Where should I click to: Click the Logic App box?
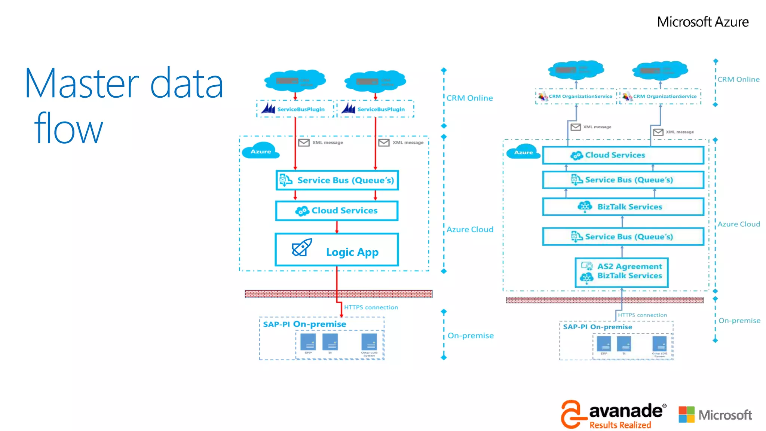[x=337, y=250]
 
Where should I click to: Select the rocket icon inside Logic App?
[x=302, y=248]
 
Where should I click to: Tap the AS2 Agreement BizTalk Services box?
[x=622, y=272]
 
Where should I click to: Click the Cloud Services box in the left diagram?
[x=337, y=211]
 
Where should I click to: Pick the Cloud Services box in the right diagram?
[x=623, y=155]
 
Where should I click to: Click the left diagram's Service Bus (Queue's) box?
[x=337, y=180]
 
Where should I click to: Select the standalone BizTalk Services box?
[x=623, y=207]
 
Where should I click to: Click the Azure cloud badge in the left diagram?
[x=261, y=151]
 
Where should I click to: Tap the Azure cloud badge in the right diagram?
[x=523, y=152]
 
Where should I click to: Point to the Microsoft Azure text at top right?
[x=702, y=22]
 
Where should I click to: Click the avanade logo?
[x=613, y=414]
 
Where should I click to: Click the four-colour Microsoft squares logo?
[x=686, y=415]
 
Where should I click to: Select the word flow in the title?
[x=68, y=128]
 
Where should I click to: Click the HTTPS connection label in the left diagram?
[x=371, y=307]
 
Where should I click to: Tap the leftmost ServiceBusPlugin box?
[x=295, y=109]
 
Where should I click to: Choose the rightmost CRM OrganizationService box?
[x=660, y=96]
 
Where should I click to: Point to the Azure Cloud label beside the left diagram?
[x=470, y=229]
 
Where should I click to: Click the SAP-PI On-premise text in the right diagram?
[x=597, y=327]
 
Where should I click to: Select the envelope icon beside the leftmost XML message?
[x=304, y=143]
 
